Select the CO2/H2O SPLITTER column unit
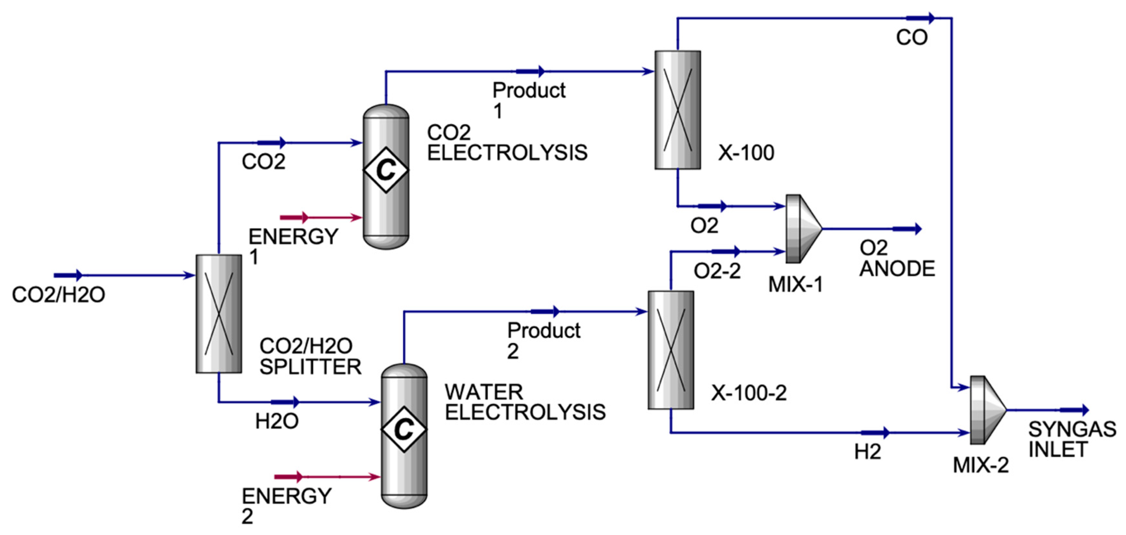tap(218, 314)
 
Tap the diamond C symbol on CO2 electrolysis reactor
tap(386, 170)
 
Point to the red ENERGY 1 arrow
tap(294, 217)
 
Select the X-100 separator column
tap(677, 110)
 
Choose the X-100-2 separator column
tap(671, 350)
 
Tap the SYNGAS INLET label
tap(1071, 439)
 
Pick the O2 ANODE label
tap(897, 258)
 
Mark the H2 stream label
tap(868, 452)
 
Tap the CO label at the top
tap(911, 37)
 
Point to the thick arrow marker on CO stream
tap(920, 18)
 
